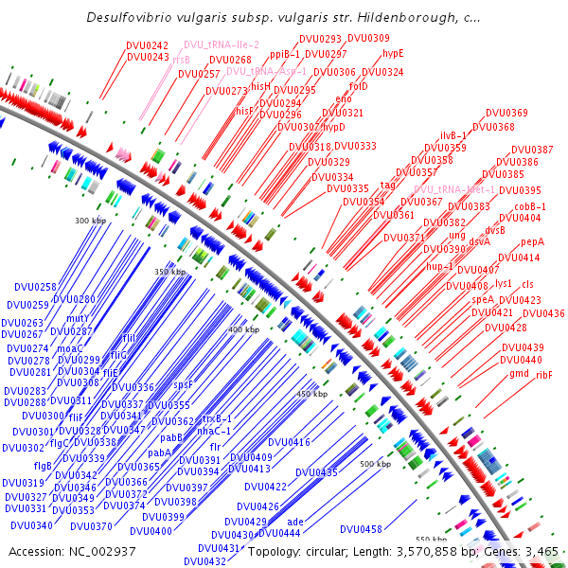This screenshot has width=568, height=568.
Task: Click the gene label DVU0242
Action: click(x=147, y=45)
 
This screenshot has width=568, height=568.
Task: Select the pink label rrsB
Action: click(x=181, y=60)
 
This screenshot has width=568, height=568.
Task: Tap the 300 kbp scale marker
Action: click(x=91, y=221)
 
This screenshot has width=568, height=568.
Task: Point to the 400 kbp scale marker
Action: click(x=243, y=329)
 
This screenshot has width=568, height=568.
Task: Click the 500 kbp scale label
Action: click(x=376, y=464)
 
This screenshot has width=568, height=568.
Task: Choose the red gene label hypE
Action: click(x=393, y=53)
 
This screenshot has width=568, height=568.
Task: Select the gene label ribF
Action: click(x=543, y=375)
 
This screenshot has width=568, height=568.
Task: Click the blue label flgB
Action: click(x=43, y=466)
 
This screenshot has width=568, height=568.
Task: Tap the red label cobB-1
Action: click(x=530, y=206)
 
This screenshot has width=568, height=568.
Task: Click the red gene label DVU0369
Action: click(x=506, y=114)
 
